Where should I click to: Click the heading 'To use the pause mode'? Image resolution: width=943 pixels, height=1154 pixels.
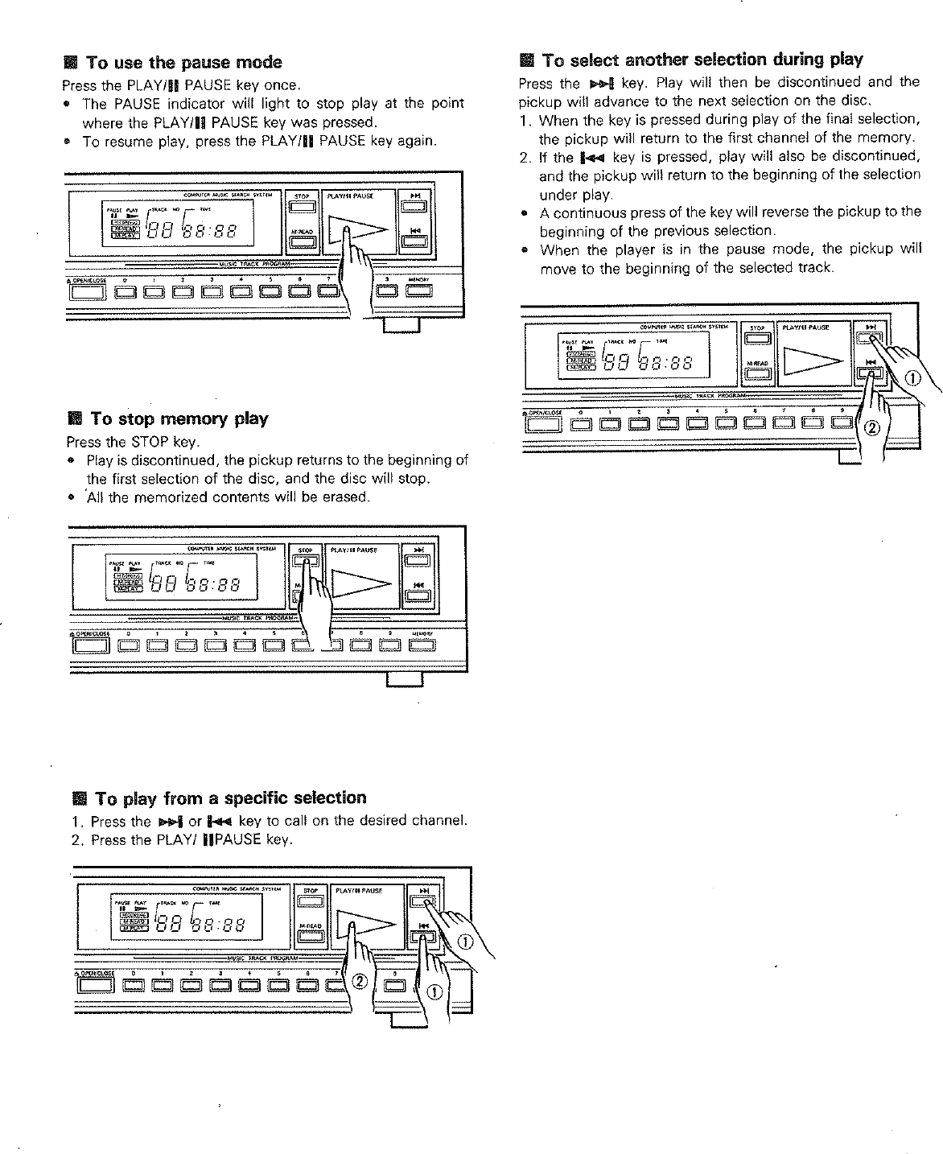coord(183,63)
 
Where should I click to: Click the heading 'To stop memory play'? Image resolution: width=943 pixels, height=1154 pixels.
coord(179,418)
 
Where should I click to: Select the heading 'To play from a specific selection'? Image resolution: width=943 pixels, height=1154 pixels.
coord(230,798)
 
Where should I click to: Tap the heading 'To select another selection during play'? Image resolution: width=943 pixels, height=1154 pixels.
coord(702,60)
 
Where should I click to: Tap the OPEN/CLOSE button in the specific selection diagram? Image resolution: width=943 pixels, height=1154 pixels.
coord(93,983)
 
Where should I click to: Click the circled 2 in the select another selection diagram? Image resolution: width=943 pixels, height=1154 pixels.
coord(871,427)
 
